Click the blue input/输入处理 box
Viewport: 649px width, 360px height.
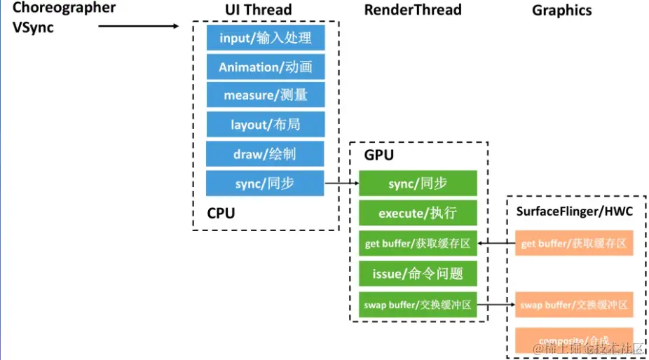click(x=266, y=38)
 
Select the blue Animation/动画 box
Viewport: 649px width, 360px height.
click(x=266, y=67)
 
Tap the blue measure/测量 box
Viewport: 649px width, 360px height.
click(x=266, y=95)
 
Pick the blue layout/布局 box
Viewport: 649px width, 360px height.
click(x=266, y=125)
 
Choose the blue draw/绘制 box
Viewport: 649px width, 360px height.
click(x=266, y=154)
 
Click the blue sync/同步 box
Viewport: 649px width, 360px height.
click(x=266, y=184)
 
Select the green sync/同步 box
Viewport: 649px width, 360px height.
click(x=418, y=184)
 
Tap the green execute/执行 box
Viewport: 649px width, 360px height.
click(x=418, y=213)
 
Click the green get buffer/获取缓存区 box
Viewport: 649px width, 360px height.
click(x=418, y=244)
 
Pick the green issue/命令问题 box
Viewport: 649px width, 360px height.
click(x=418, y=274)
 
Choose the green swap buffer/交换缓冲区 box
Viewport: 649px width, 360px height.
click(x=418, y=305)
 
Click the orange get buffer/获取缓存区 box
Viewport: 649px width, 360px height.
click(x=574, y=244)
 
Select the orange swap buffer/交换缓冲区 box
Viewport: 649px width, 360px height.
click(x=574, y=305)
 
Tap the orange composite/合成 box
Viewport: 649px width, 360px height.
click(x=574, y=340)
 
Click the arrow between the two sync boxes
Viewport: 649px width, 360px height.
click(x=342, y=184)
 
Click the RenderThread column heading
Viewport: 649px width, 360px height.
click(x=413, y=10)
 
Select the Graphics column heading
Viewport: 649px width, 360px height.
click(x=561, y=11)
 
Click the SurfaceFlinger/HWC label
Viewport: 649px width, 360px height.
click(x=575, y=212)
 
